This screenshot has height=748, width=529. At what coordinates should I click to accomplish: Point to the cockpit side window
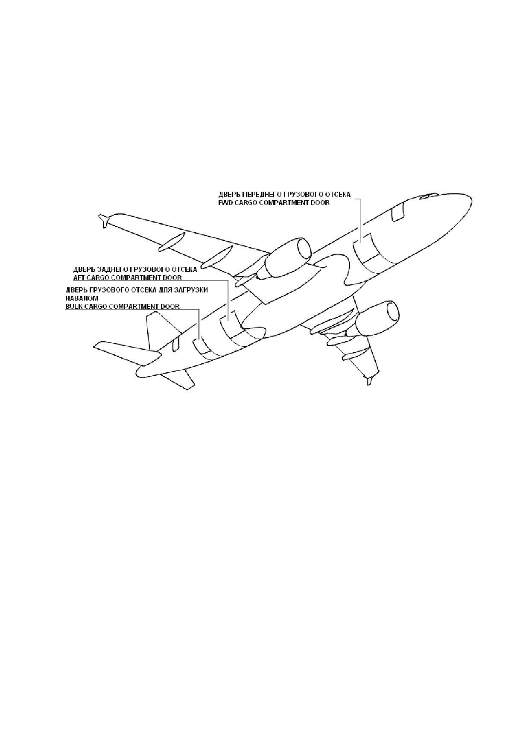[x=398, y=212]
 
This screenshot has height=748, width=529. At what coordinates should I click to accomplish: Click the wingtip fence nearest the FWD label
[x=103, y=220]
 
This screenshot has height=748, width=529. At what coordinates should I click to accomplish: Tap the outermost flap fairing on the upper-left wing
[x=172, y=241]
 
